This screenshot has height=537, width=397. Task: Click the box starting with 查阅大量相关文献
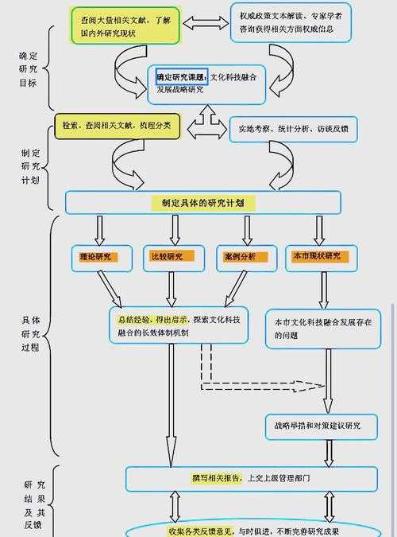click(x=126, y=26)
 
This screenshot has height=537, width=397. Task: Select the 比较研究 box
click(x=171, y=257)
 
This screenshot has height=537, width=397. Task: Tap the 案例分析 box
click(x=241, y=257)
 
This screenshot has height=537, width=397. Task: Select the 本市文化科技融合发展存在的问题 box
click(x=322, y=329)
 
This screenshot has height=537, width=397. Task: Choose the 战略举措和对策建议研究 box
click(x=323, y=426)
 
